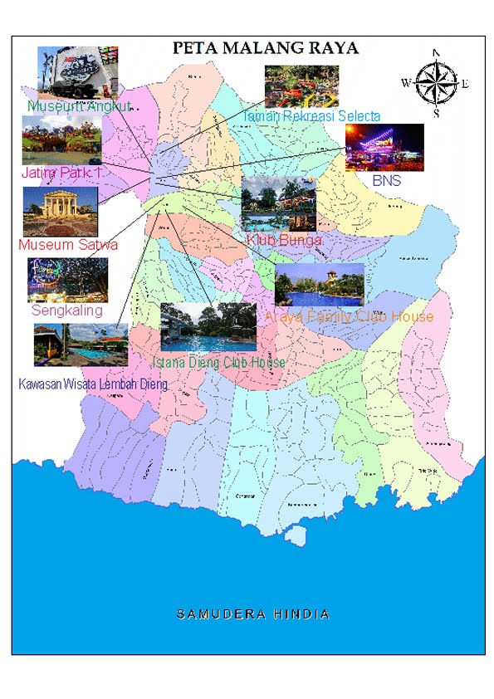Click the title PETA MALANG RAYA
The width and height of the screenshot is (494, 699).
265,48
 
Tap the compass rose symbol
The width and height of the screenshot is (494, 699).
435,82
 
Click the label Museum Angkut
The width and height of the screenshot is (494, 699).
78,107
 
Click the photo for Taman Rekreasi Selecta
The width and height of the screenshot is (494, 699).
301,86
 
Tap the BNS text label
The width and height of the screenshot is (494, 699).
386,179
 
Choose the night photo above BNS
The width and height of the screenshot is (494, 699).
384,148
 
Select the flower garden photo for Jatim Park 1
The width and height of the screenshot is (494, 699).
61,139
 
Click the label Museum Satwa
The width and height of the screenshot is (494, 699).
68,245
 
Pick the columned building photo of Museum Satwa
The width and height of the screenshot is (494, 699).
61,211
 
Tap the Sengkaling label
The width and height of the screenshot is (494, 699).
66,310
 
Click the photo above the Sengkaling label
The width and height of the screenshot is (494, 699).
67,279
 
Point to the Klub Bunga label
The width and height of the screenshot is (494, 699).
283,240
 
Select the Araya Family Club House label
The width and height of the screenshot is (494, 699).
349,316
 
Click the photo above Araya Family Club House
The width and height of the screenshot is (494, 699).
319,285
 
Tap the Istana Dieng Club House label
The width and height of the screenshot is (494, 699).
218,363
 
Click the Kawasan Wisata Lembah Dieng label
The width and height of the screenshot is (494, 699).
92,384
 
